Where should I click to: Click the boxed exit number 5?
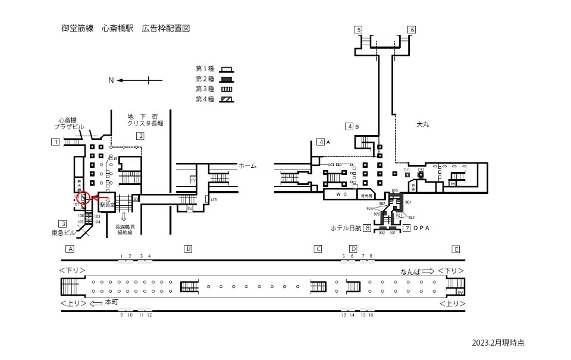pyautogui.click(x=358, y=30)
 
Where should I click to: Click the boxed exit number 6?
pyautogui.click(x=412, y=30)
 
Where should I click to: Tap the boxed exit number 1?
pyautogui.click(x=55, y=142)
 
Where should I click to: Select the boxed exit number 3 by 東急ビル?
pyautogui.click(x=62, y=224)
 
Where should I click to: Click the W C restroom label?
pyautogui.click(x=340, y=194)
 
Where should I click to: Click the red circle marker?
pyautogui.click(x=83, y=198)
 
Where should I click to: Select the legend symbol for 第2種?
pyautogui.click(x=225, y=80)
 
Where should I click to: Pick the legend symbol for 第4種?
pyautogui.click(x=225, y=99)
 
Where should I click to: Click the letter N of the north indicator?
pyautogui.click(x=111, y=80)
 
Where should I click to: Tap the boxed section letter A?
pyautogui.click(x=70, y=249)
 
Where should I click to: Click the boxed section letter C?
pyautogui.click(x=318, y=249)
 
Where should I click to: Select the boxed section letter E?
pyautogui.click(x=456, y=249)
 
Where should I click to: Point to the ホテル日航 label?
pyautogui.click(x=347, y=228)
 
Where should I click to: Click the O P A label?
pyautogui.click(x=421, y=228)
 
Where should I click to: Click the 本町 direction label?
pyautogui.click(x=111, y=302)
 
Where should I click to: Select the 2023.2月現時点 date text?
pyautogui.click(x=498, y=343)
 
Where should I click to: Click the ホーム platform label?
pyautogui.click(x=247, y=165)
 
